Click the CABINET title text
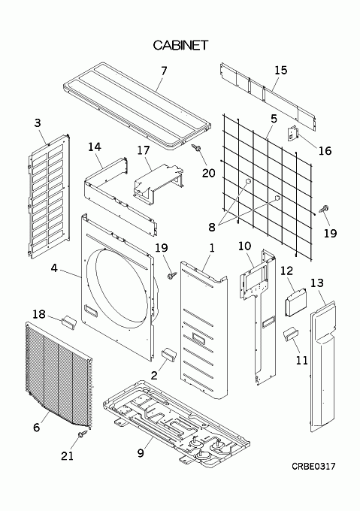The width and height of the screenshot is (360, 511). click(x=180, y=45)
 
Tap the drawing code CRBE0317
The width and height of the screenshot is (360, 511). click(x=313, y=467)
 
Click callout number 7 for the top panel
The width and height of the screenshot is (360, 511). click(x=164, y=71)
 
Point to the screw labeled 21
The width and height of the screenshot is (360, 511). click(x=83, y=434)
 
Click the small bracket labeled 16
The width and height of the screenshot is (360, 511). click(x=292, y=133)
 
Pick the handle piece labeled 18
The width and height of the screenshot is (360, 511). click(x=68, y=322)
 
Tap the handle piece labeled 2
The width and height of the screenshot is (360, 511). click(x=169, y=354)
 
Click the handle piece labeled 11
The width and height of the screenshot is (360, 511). click(x=290, y=334)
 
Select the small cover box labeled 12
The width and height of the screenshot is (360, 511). click(x=296, y=302)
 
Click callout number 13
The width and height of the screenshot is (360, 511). click(x=316, y=283)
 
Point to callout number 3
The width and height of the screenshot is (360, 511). click(x=38, y=122)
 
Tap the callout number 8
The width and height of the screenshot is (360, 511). click(x=212, y=227)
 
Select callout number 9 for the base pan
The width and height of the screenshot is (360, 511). click(x=141, y=452)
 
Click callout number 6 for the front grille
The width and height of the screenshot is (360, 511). click(x=37, y=428)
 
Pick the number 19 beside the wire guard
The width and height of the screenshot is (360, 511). click(x=330, y=233)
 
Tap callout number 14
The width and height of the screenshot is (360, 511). click(x=95, y=147)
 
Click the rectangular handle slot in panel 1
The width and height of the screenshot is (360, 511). click(x=198, y=337)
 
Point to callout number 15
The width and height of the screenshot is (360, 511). click(x=281, y=70)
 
